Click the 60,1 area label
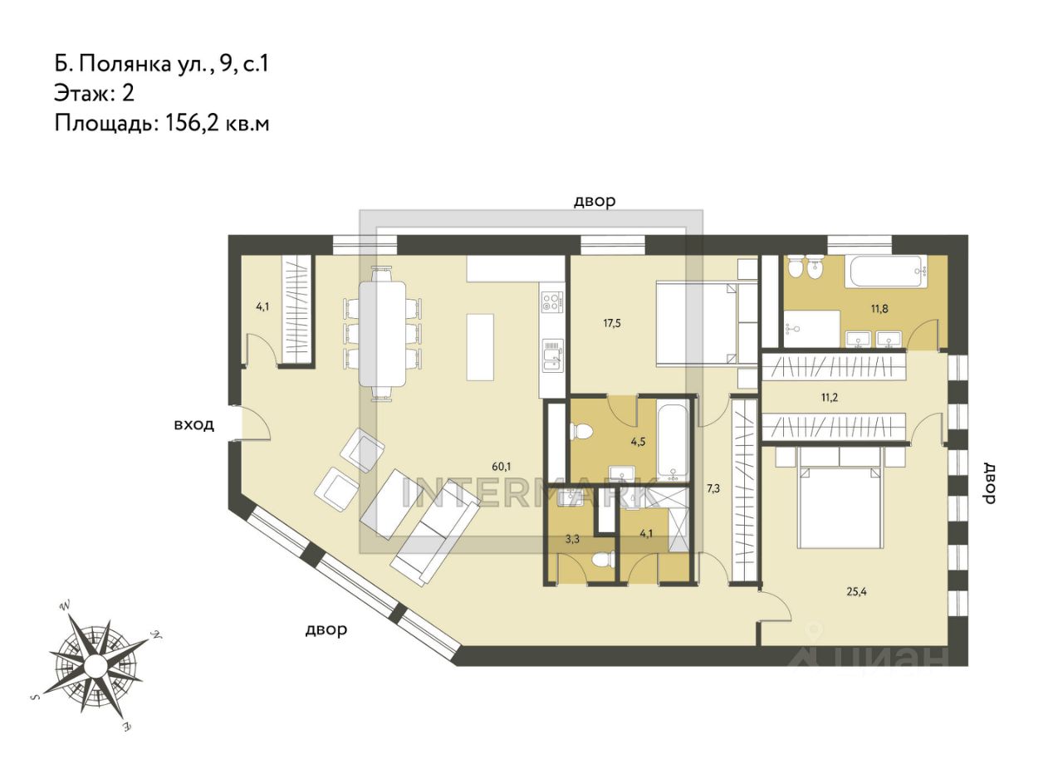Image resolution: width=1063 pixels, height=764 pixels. [x=502, y=467]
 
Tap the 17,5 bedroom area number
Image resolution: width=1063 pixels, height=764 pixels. [x=612, y=324]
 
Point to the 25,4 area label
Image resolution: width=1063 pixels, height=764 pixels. [x=856, y=592]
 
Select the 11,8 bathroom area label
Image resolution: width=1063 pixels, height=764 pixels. [x=879, y=309]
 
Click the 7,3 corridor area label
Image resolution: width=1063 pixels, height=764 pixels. [x=713, y=488]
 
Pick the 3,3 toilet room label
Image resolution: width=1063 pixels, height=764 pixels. [x=572, y=540]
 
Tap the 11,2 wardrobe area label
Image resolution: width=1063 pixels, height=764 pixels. [x=830, y=398]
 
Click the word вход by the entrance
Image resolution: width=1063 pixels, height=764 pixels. [x=193, y=424]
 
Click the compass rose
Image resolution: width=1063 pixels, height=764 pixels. [x=96, y=663]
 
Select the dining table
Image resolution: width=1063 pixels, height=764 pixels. [x=383, y=334]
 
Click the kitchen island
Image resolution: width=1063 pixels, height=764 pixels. [x=480, y=347]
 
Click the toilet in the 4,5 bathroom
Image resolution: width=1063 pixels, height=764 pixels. [x=582, y=432]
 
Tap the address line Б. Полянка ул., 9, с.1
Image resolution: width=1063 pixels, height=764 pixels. [x=161, y=64]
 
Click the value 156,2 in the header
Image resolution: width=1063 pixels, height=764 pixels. [x=192, y=124]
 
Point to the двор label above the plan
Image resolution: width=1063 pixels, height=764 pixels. [x=595, y=201]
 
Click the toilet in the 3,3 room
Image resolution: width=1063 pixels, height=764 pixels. [x=603, y=560]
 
